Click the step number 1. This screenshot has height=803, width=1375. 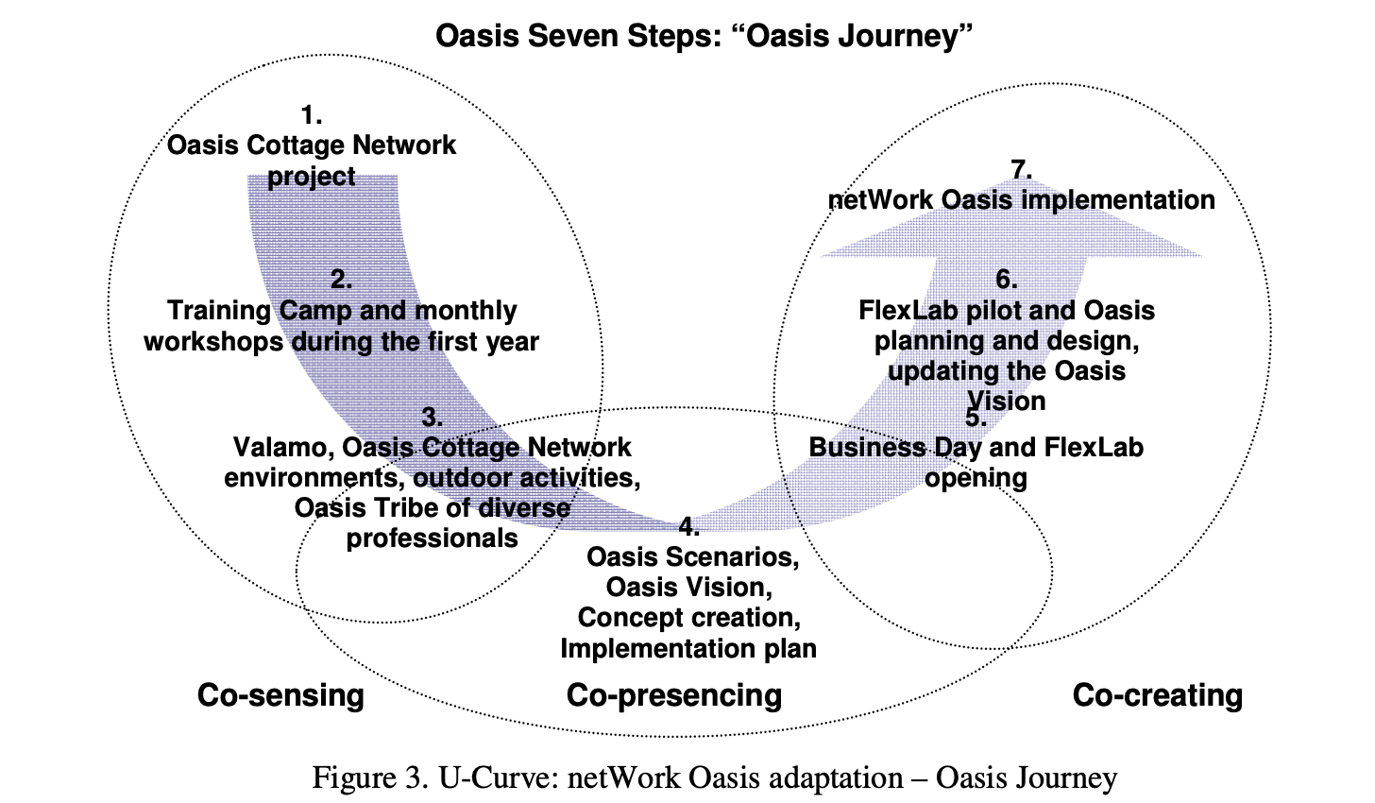[x=312, y=115]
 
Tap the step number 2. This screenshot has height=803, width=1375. [x=341, y=280]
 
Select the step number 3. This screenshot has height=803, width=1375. [x=433, y=418]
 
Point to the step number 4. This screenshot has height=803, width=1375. [x=688, y=526]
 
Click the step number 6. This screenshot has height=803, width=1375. [x=1007, y=280]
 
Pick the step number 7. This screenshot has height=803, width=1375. [x=1022, y=169]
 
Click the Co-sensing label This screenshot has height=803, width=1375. [x=280, y=695]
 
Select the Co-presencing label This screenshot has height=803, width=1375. [x=674, y=696]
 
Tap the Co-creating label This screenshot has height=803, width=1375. [x=1158, y=695]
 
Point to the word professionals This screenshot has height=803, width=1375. [x=433, y=538]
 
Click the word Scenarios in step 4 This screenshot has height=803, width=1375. [x=732, y=556]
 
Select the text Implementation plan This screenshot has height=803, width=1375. [x=688, y=648]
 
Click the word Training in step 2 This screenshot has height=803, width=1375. [x=219, y=311]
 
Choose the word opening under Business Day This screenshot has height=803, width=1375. [x=976, y=478]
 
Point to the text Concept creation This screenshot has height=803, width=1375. [x=688, y=618]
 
